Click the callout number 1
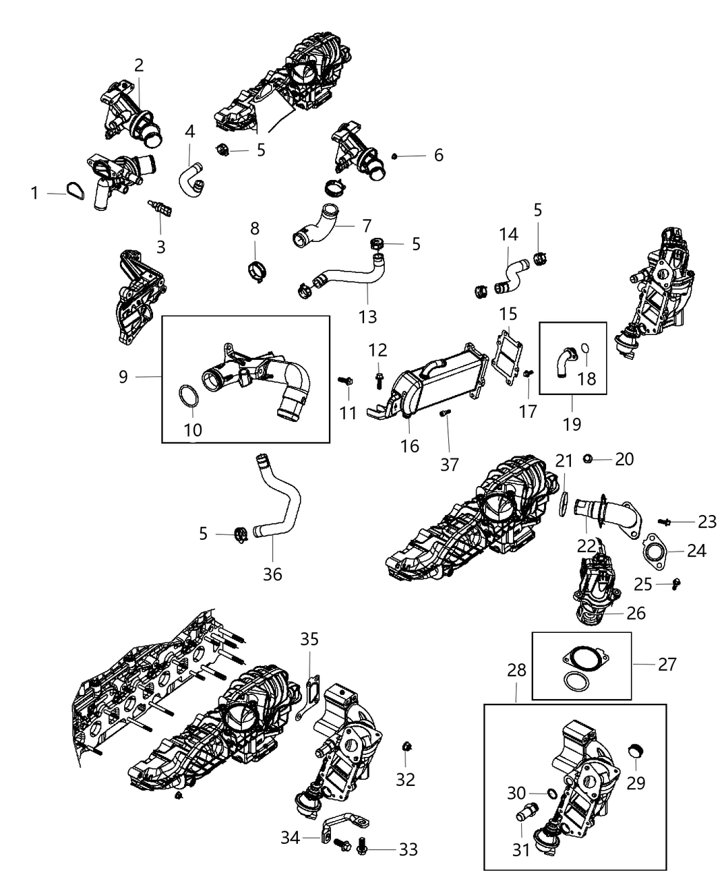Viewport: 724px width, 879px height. click(34, 194)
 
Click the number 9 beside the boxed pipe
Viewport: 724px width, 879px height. click(123, 376)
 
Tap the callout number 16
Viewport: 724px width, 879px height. click(410, 446)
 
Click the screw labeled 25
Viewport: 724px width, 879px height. click(676, 583)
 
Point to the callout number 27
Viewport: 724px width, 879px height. click(667, 664)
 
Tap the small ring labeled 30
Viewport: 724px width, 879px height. click(552, 794)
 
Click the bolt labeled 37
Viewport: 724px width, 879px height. click(444, 413)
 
